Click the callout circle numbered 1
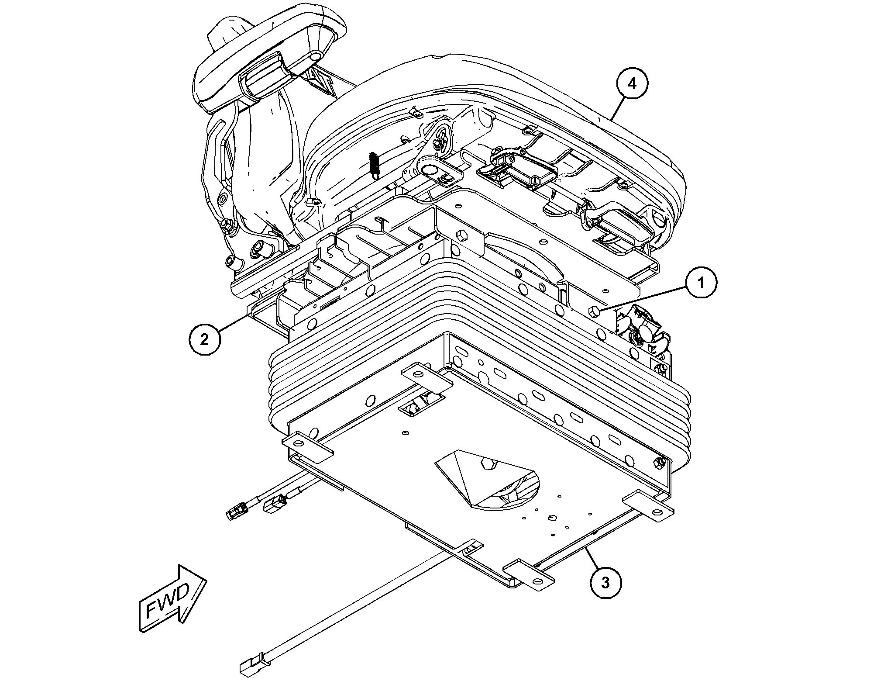[701, 283]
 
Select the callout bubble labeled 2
[204, 339]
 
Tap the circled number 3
[605, 582]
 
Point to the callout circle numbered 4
[632, 84]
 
